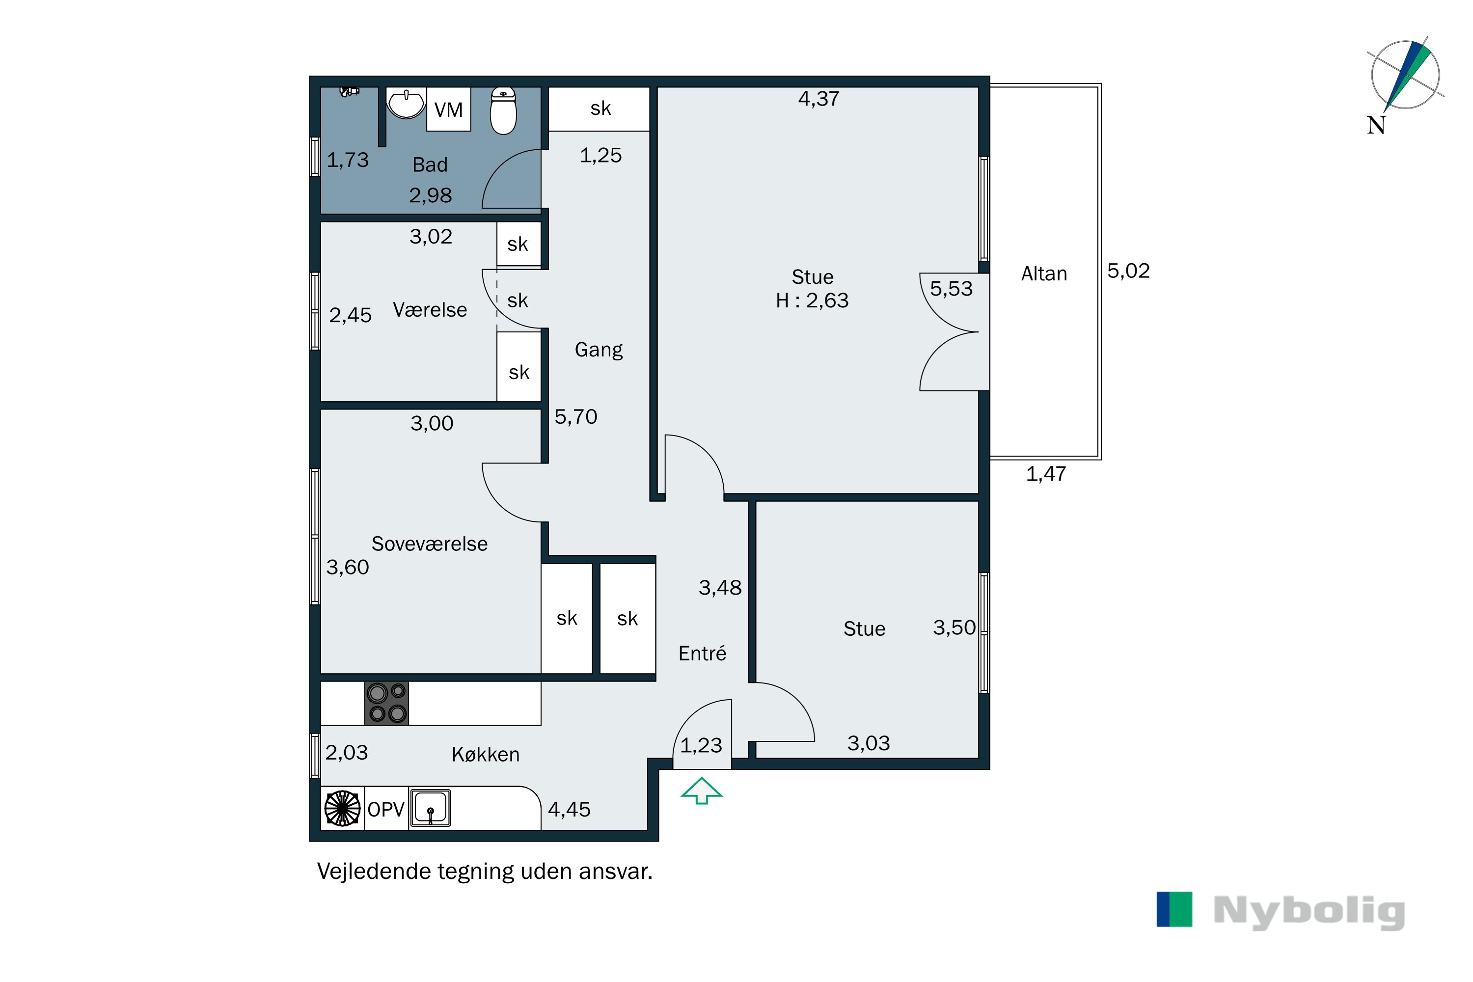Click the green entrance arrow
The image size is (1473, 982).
[702, 791]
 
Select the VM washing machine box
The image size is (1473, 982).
[448, 109]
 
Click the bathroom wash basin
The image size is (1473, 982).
[406, 103]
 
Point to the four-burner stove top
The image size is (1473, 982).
[386, 703]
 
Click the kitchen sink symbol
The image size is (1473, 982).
[430, 807]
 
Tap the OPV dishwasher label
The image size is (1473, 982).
[386, 809]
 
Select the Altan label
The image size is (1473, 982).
[1043, 273]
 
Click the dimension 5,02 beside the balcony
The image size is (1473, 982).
[1128, 271]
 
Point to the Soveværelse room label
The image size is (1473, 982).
[429, 544]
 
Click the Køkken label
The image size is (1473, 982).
[486, 754]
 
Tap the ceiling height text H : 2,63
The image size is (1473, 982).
[812, 300]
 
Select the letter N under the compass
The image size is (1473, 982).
[1375, 125]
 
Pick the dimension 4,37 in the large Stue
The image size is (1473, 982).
[818, 98]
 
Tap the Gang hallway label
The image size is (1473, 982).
[598, 350]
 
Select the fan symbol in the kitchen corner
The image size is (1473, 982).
[342, 808]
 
